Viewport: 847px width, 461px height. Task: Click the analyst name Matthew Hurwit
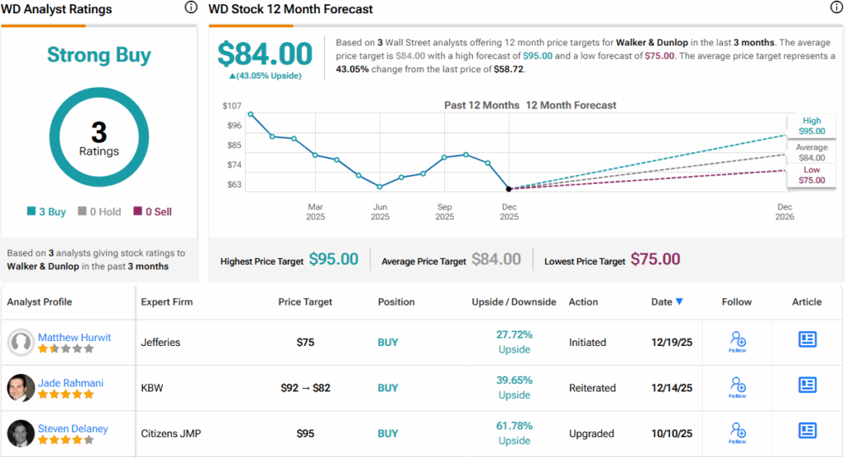point(74,337)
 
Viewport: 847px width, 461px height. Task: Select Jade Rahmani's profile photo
point(22,387)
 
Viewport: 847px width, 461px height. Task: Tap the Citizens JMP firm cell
point(172,433)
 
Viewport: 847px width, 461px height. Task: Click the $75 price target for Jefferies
point(305,342)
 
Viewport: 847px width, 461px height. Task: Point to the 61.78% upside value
point(514,425)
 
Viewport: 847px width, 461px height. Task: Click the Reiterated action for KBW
point(592,387)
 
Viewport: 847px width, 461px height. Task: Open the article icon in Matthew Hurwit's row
point(807,339)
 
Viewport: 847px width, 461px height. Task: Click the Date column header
point(663,302)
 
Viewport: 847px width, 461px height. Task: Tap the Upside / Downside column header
point(514,302)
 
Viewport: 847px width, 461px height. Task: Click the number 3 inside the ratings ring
point(98,132)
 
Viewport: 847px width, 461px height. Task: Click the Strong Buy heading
point(98,55)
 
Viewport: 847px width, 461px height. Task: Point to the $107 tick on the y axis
point(232,106)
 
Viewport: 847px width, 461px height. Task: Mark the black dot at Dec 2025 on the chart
point(509,189)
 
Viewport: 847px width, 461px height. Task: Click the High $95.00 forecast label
point(811,126)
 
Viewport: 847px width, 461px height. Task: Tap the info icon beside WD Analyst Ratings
point(191,7)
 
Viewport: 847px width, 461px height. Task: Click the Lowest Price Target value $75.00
point(655,260)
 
